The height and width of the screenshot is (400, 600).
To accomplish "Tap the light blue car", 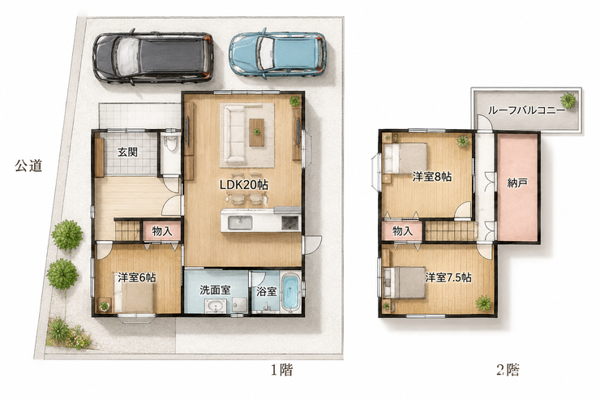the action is (278, 54).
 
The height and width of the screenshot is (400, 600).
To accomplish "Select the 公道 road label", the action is (28, 166).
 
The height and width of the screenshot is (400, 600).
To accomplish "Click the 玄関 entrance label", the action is (127, 152).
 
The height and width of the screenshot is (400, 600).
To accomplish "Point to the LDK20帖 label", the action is (243, 185).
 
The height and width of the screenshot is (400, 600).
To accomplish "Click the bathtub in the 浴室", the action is (291, 293).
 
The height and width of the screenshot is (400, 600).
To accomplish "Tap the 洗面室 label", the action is (215, 290).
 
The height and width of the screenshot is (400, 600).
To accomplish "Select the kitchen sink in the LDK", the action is (240, 223).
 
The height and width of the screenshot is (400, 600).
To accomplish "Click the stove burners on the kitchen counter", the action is (290, 223).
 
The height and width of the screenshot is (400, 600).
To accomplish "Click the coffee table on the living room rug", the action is (256, 132).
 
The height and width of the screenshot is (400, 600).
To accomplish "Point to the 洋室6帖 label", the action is (136, 277).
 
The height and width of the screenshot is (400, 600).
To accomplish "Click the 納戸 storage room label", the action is (517, 183).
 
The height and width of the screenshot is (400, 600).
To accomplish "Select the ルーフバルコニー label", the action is (526, 110).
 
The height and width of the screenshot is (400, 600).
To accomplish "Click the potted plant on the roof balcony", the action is (568, 101).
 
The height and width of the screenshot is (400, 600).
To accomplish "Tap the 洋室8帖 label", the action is (432, 176).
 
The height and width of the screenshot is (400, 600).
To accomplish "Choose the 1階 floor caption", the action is (282, 370).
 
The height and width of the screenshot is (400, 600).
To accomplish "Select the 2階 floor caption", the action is (508, 370).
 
